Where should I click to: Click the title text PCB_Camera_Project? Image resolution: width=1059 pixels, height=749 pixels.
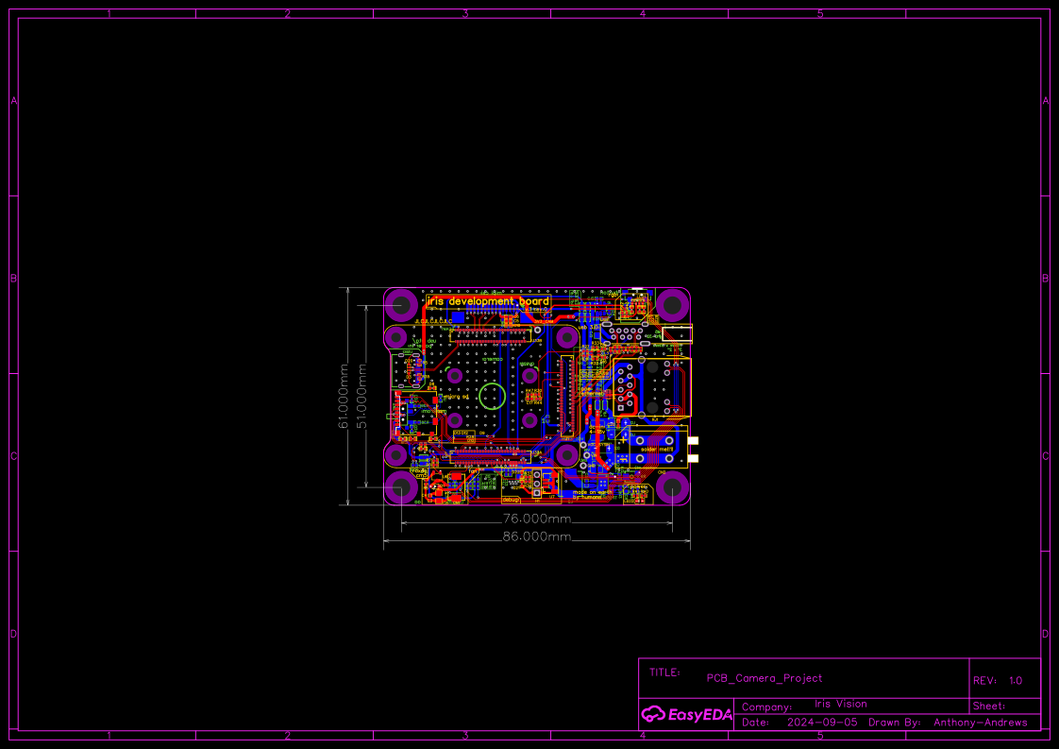pyautogui.click(x=765, y=678)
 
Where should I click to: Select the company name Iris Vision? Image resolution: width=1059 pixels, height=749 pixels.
pyautogui.click(x=840, y=704)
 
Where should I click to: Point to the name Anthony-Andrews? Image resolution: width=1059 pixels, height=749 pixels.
pyautogui.click(x=980, y=723)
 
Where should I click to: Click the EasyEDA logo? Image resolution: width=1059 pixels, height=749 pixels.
pyautogui.click(x=687, y=714)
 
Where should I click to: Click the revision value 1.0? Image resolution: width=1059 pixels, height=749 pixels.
pyautogui.click(x=1016, y=680)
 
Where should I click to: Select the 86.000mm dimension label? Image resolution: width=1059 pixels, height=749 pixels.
pyautogui.click(x=536, y=536)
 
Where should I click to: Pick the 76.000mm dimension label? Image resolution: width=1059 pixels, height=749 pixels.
pyautogui.click(x=536, y=519)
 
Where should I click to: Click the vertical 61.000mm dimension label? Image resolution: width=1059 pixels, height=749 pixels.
pyautogui.click(x=345, y=397)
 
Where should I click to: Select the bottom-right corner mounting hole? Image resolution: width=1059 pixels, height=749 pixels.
pyautogui.click(x=672, y=488)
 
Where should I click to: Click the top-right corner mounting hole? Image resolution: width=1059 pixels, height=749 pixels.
pyautogui.click(x=672, y=305)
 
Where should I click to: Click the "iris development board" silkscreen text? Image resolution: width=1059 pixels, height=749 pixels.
pyautogui.click(x=488, y=301)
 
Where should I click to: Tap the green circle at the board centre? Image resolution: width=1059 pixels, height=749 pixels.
pyautogui.click(x=492, y=397)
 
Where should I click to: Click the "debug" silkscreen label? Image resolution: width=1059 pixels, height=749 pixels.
pyautogui.click(x=511, y=500)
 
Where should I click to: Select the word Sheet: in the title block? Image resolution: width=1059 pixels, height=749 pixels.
pyautogui.click(x=989, y=706)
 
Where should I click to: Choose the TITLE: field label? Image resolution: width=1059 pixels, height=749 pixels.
pyautogui.click(x=664, y=672)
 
